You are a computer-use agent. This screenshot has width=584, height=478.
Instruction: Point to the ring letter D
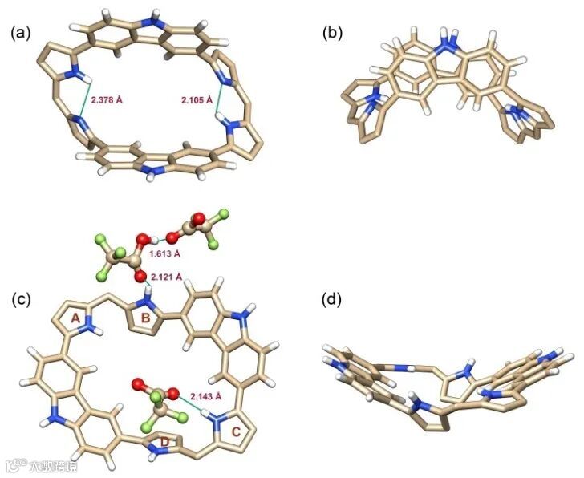click(165, 441)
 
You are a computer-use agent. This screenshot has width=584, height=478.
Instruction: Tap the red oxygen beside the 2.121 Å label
click(140, 277)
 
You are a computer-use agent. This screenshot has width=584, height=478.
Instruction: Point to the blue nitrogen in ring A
click(89, 328)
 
